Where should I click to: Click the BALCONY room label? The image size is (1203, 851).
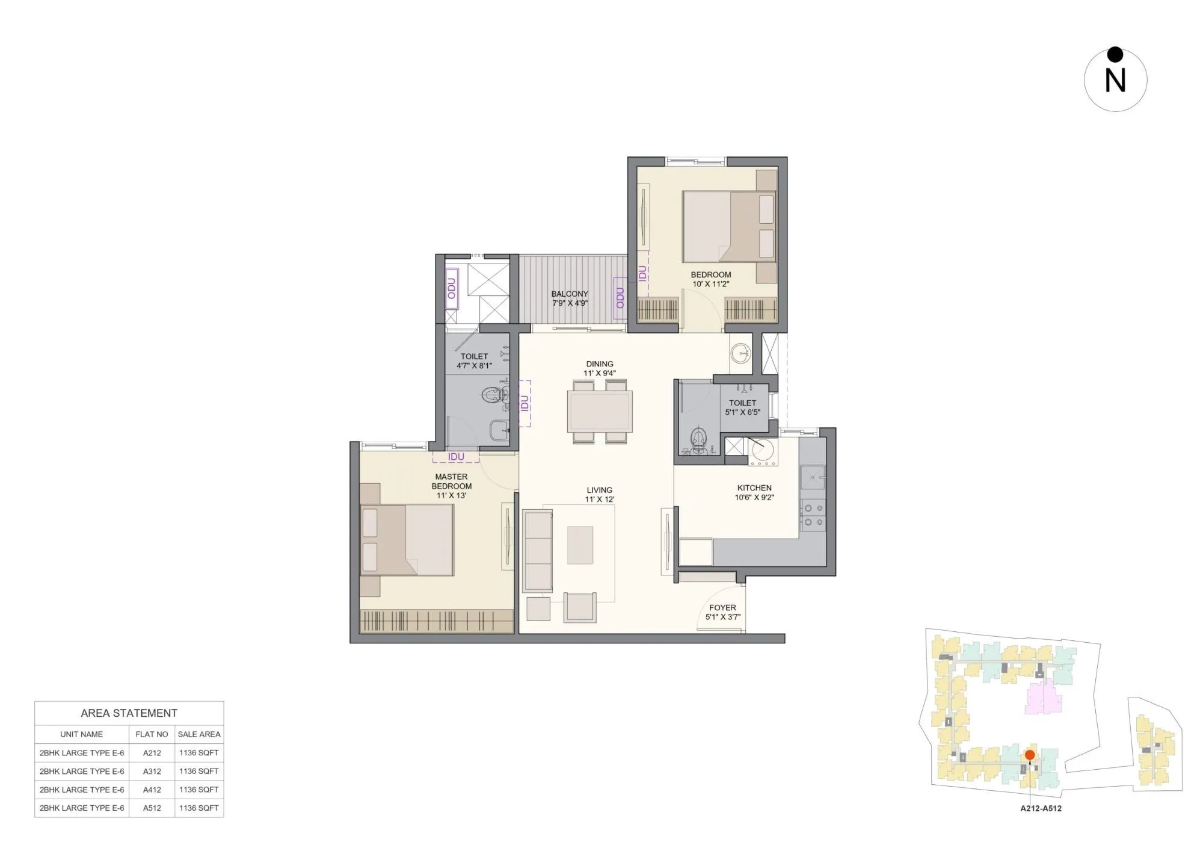click(569, 294)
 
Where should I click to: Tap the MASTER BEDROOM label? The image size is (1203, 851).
click(451, 481)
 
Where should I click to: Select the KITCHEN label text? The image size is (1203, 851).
click(754, 488)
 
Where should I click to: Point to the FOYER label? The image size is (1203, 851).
click(722, 608)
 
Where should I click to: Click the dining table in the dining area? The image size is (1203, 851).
click(600, 411)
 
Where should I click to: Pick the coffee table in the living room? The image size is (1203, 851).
click(580, 545)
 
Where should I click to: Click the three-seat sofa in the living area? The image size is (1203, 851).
click(537, 550)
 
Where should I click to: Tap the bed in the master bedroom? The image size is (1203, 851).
click(407, 540)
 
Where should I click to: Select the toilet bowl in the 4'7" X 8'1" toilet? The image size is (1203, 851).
click(493, 395)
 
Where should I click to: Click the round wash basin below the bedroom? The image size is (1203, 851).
click(740, 352)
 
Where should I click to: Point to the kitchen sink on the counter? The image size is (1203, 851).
click(813, 477)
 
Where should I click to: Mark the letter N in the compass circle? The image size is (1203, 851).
click(1115, 81)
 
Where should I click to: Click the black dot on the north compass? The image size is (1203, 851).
click(1115, 55)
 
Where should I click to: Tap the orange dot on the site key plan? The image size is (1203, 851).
click(1030, 755)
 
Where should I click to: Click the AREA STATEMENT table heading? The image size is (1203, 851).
click(129, 713)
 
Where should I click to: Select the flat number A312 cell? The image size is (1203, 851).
click(152, 771)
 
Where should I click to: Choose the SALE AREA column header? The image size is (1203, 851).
click(199, 734)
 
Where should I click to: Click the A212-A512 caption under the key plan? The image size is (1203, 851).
click(1041, 808)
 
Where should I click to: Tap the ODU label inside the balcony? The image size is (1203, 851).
click(620, 298)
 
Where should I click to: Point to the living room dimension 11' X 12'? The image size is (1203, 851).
click(599, 500)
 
